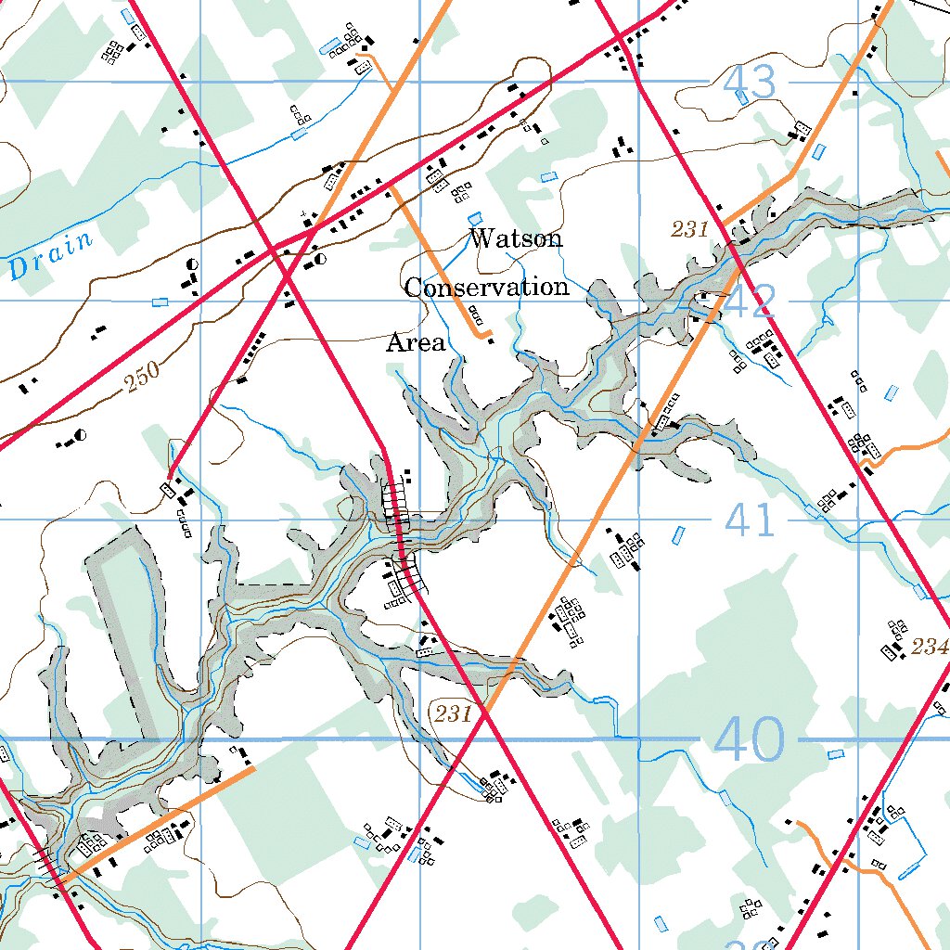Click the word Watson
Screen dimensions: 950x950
tap(515, 238)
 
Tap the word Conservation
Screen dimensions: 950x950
tap(486, 288)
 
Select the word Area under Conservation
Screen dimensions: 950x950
tap(416, 343)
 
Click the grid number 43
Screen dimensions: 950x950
tap(749, 84)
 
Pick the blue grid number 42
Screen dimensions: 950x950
tap(750, 302)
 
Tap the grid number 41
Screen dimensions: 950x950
tap(750, 520)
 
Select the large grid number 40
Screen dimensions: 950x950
tap(750, 740)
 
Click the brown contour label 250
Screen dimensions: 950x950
tap(143, 375)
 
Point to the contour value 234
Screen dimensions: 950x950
tap(930, 647)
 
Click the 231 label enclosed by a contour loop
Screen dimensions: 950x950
tap(453, 713)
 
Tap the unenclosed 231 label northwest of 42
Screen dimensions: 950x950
tap(690, 229)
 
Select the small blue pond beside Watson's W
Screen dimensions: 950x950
tap(475, 217)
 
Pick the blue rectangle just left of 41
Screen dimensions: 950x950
tap(677, 535)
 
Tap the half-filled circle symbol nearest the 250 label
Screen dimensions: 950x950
tap(82, 434)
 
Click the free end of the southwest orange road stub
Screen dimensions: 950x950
tap(253, 767)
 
